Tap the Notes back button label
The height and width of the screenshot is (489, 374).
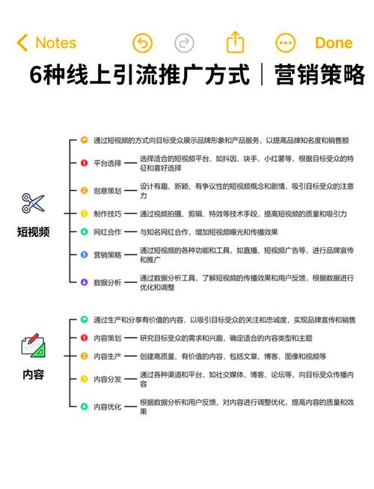[x=56, y=43]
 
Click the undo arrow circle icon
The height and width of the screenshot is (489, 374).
[x=143, y=43]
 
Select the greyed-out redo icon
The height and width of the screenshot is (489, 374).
[x=184, y=43]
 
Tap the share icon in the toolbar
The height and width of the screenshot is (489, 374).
[x=235, y=42]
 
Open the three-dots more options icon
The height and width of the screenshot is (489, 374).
[x=285, y=43]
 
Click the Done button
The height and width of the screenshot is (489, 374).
[x=334, y=43]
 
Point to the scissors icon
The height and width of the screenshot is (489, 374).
[x=33, y=204]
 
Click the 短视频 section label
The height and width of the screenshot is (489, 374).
[x=33, y=232]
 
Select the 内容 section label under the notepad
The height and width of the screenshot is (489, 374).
[x=33, y=374]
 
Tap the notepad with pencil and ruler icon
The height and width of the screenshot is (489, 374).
[x=33, y=345]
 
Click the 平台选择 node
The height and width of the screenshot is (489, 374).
[x=108, y=163]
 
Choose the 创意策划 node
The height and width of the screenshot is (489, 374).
[x=108, y=190]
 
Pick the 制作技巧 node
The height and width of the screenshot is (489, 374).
[x=108, y=214]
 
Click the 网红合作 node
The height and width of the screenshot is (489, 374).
[x=108, y=232]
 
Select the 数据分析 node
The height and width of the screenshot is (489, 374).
[x=108, y=282]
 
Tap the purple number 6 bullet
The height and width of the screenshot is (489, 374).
[x=84, y=282]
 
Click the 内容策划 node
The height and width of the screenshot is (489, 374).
[x=108, y=338]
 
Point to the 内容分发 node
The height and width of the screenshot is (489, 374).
[x=108, y=379]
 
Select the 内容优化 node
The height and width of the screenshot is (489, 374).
[x=108, y=407]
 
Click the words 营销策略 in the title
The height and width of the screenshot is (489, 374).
[x=319, y=75]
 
